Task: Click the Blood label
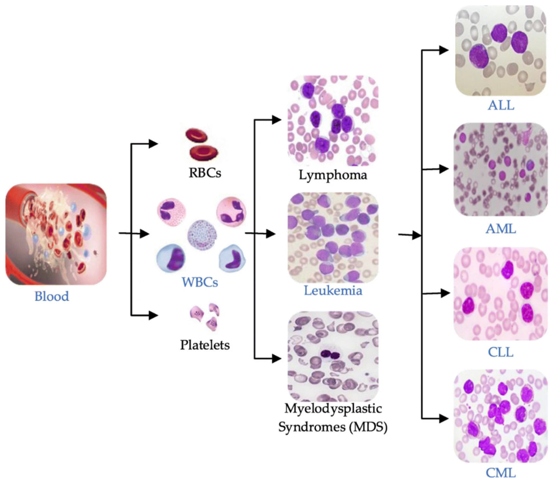coord(52,296)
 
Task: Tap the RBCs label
coord(205,173)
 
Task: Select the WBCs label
coord(200,282)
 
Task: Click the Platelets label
coord(205,345)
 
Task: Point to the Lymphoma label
coord(333,175)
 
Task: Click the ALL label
coord(501,105)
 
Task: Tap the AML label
coord(501,229)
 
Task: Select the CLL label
coord(501,352)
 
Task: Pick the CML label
coord(501,473)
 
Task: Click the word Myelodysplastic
coord(333,409)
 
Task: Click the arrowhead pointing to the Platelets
coord(153,315)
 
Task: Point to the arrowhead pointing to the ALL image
coord(444,50)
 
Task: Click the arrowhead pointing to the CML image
coord(444,419)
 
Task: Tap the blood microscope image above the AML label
coord(501,169)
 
